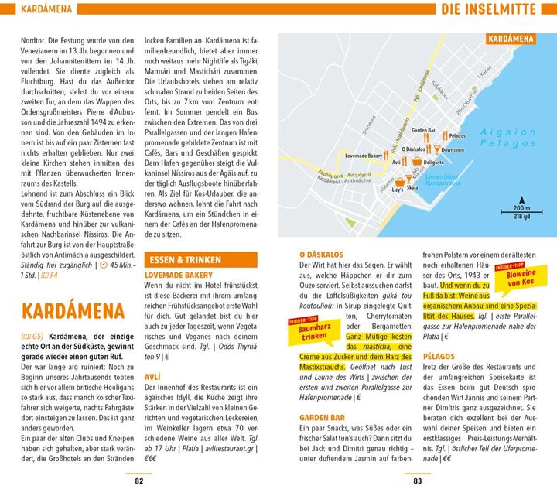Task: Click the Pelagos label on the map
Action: (456, 135)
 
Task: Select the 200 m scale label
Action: (522, 207)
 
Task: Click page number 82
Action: (139, 480)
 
